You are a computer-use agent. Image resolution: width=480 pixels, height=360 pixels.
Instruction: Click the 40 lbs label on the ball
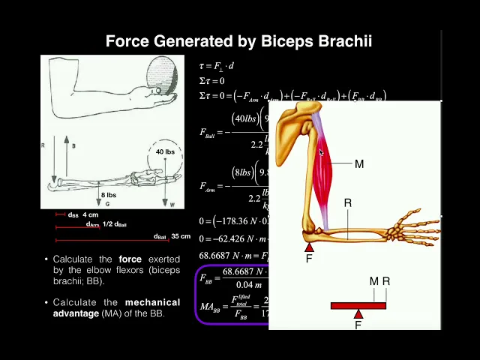(x=165, y=152)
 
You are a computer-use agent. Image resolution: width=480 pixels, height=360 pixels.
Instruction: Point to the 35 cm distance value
(x=181, y=236)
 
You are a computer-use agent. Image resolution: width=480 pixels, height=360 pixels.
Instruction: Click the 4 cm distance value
(x=91, y=214)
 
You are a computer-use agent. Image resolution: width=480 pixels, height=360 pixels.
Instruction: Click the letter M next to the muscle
(x=359, y=164)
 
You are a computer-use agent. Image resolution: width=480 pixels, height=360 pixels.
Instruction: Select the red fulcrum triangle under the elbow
(x=309, y=247)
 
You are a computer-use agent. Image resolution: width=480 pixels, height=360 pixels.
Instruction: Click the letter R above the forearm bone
(x=348, y=203)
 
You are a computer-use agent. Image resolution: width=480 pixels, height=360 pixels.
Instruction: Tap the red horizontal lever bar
(x=358, y=305)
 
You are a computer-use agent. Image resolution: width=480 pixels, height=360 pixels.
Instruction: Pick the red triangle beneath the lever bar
(x=358, y=314)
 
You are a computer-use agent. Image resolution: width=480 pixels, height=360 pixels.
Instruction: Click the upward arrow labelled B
(x=66, y=157)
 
